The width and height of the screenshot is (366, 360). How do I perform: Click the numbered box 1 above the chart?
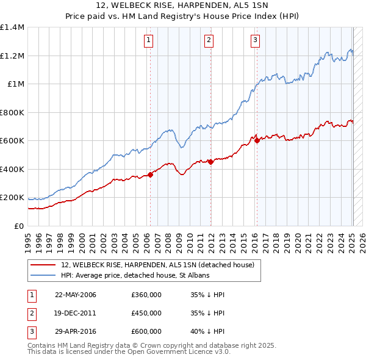click(x=149, y=41)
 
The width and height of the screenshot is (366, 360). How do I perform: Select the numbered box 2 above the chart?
click(x=209, y=41)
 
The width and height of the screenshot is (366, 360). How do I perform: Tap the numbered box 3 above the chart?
click(x=255, y=41)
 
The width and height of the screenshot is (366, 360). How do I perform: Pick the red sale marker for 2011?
click(x=210, y=162)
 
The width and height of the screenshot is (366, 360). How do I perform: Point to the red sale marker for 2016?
click(x=257, y=141)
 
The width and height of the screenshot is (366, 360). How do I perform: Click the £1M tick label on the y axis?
click(x=15, y=84)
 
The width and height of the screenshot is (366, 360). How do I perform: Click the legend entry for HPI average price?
click(x=135, y=276)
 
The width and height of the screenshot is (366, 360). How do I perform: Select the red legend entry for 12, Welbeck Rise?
click(x=161, y=265)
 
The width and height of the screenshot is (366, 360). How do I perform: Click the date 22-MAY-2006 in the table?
click(x=76, y=295)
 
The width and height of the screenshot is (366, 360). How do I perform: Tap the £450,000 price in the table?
click(x=146, y=313)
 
